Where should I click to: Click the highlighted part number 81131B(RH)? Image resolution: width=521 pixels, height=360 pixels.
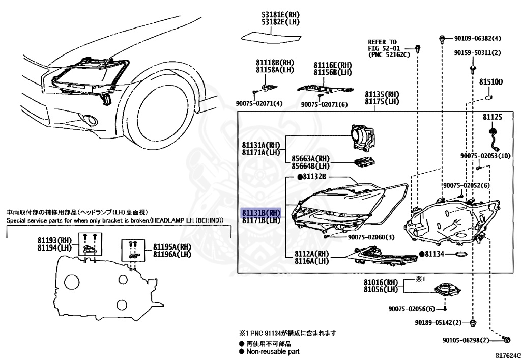click(260, 213)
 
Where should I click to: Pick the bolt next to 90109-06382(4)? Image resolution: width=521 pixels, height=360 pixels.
click(443, 38)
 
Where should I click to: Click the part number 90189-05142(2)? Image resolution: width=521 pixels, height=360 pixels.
click(438, 323)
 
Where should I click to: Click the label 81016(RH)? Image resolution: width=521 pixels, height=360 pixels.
click(381, 282)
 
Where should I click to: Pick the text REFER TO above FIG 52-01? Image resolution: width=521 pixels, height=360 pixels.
click(382, 42)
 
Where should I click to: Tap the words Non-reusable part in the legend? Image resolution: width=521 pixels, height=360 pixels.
click(273, 351)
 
